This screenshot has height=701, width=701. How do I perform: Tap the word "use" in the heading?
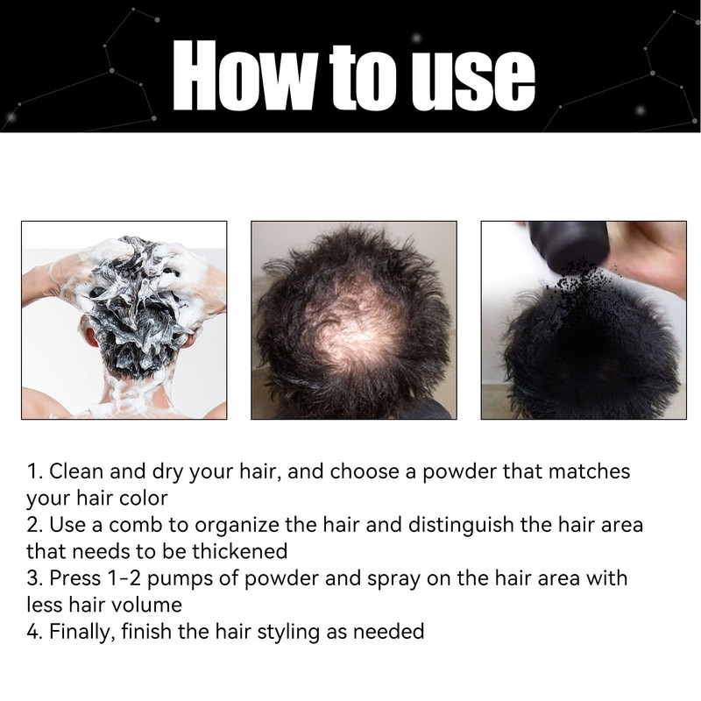(x=473, y=81)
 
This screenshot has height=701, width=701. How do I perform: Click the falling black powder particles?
(x=577, y=293)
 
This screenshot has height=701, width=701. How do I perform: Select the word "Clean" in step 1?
(x=76, y=471)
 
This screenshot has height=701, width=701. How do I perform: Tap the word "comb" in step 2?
(x=136, y=524)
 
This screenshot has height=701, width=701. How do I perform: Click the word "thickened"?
(x=240, y=551)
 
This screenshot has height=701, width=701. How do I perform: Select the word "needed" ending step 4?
(x=388, y=631)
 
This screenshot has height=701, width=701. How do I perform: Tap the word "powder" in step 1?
(x=459, y=472)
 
